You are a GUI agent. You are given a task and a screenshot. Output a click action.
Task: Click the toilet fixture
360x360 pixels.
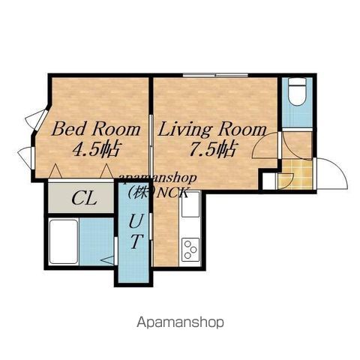[x=297, y=91]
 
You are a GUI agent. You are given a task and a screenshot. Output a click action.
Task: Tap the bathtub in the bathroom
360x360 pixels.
[x=64, y=241]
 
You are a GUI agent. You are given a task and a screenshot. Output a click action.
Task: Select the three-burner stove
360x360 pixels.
[x=190, y=250]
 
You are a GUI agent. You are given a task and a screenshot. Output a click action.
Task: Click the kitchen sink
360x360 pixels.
[x=190, y=205]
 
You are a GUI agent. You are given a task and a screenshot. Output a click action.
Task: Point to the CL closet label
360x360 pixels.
[x=84, y=199]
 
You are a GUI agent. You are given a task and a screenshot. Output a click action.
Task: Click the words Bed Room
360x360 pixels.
[x=96, y=130]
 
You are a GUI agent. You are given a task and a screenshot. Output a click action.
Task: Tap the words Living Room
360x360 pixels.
[x=212, y=130]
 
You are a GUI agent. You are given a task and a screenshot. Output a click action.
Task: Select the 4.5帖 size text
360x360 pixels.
[x=97, y=149]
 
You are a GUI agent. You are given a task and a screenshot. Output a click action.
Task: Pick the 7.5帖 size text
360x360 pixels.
[x=212, y=149]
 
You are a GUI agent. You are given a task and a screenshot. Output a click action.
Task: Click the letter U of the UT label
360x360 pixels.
[x=136, y=221]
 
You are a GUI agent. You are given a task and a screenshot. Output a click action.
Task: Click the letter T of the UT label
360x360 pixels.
[x=136, y=241]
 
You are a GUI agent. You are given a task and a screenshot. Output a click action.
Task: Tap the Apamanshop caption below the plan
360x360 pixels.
[x=180, y=322]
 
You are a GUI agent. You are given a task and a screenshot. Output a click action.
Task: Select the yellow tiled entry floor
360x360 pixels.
[x=295, y=175]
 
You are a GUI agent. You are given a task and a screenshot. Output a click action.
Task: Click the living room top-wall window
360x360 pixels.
[x=215, y=75]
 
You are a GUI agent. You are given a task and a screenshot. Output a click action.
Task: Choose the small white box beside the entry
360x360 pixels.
[x=268, y=181]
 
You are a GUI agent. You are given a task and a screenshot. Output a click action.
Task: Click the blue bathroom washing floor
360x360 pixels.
[x=97, y=241]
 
